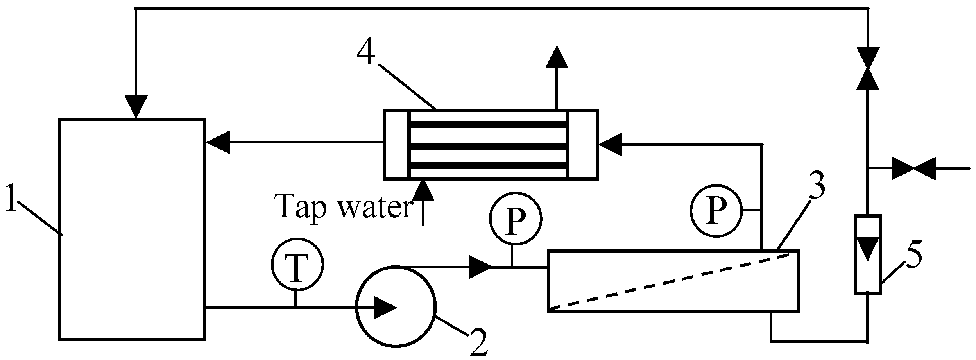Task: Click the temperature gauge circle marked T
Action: [x=297, y=264]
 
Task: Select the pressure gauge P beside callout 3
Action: [x=716, y=211]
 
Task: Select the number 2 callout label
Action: [x=478, y=343]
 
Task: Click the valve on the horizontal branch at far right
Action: [x=913, y=168]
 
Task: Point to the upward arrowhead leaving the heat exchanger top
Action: [x=557, y=57]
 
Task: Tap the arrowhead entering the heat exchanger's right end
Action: [x=610, y=145]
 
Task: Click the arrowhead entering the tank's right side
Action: [x=218, y=142]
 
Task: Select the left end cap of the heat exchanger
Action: [x=397, y=144]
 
